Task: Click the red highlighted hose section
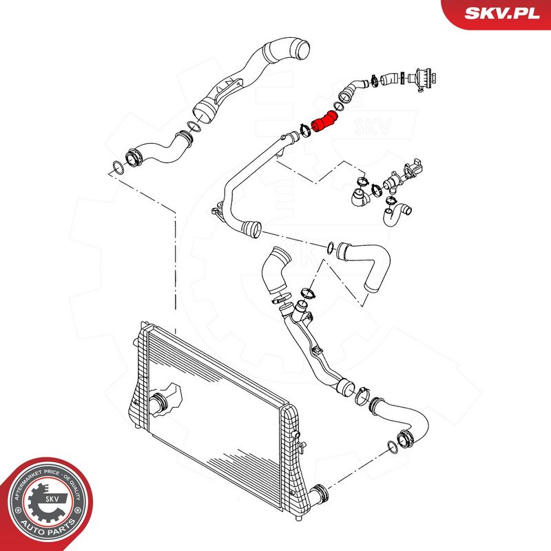pos(324,122)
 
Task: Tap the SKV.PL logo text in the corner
pos(502,13)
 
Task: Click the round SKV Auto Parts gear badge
pos(48,502)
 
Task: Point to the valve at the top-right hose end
pos(424,79)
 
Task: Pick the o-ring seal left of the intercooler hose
pos(118,167)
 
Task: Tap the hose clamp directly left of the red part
pos(304,131)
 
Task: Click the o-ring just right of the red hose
pos(337,106)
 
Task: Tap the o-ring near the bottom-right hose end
pos(393,446)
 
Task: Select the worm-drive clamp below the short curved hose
pos(281,299)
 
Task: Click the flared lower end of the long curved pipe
pos(251,229)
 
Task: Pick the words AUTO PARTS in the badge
pos(48,527)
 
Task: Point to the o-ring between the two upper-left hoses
pos(194,127)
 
